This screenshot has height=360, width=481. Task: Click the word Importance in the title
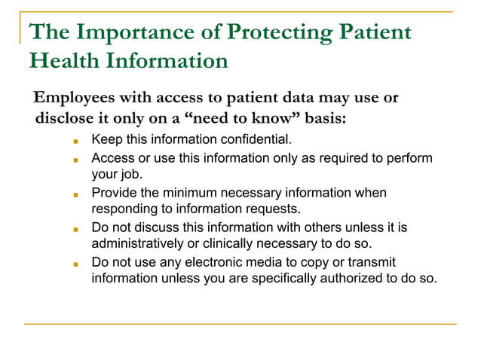tap(132, 33)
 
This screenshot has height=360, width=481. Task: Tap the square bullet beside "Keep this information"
tap(76, 141)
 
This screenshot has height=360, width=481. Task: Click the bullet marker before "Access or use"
tap(76, 160)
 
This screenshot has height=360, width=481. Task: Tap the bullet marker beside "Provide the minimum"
tap(76, 194)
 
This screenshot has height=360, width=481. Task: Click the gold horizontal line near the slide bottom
tap(240, 324)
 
